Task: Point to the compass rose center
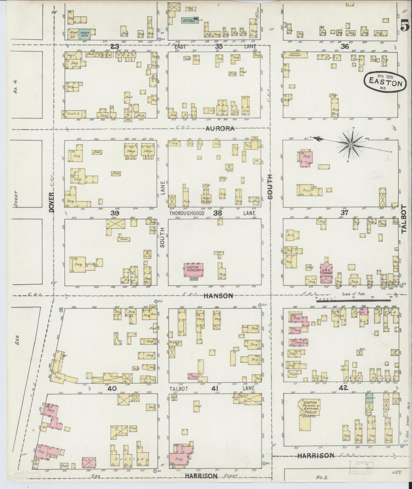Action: coord(351,144)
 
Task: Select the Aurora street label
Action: coord(220,129)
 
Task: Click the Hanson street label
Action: coord(218,296)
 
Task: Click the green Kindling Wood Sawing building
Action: coord(190,20)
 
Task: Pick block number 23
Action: coord(115,46)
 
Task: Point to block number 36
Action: coord(345,46)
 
